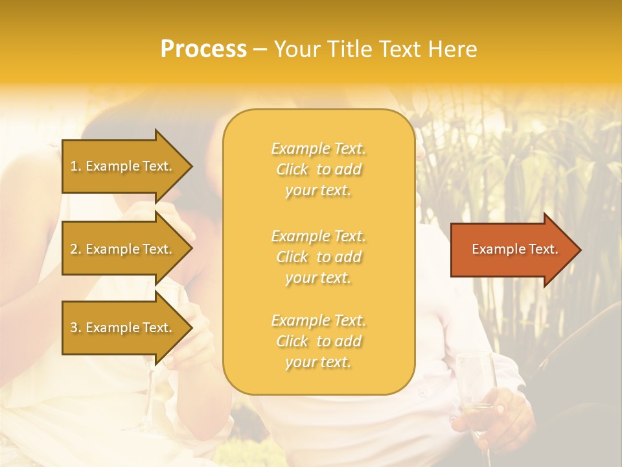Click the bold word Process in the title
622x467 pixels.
(203, 49)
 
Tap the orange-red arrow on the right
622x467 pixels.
(512, 250)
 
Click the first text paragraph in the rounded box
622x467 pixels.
(318, 169)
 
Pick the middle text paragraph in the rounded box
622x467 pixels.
(318, 257)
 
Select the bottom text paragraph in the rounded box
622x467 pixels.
(318, 341)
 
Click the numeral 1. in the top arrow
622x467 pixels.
(76, 166)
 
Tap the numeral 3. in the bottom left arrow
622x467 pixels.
(76, 328)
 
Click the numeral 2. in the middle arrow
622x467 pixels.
(76, 249)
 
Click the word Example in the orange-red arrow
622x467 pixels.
(494, 249)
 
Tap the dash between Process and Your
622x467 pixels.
(260, 49)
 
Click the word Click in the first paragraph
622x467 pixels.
(292, 169)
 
